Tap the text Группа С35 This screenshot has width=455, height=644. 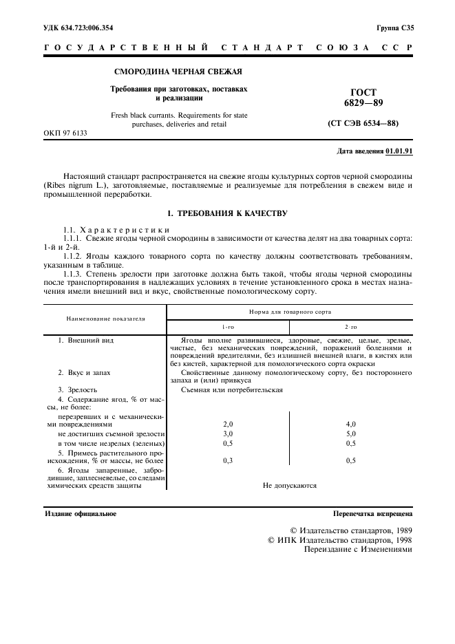pyautogui.click(x=395, y=28)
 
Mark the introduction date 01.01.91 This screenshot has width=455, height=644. pyautogui.click(x=399, y=151)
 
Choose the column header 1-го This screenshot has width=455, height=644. pyautogui.click(x=228, y=328)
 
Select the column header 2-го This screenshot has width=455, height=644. pyautogui.click(x=351, y=328)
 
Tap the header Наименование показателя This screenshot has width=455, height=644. pyautogui.click(x=106, y=319)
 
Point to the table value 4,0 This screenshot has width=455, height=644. pyautogui.click(x=351, y=425)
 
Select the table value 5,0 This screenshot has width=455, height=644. pyautogui.click(x=351, y=434)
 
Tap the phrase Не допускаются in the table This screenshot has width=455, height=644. pyautogui.click(x=290, y=485)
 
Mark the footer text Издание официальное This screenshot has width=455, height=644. pyautogui.click(x=81, y=513)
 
